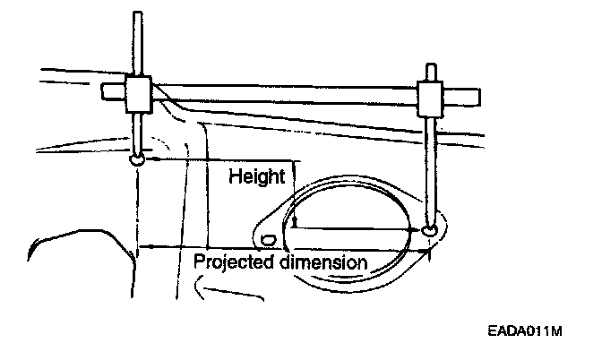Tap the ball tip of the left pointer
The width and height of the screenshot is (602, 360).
(138, 159)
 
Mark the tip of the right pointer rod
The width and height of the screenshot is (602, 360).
(432, 231)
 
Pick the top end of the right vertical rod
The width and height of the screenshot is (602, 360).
(434, 64)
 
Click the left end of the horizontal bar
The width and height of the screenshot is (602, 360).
(104, 89)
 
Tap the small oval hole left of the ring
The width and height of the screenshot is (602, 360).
(267, 238)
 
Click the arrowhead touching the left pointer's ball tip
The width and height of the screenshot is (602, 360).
(149, 159)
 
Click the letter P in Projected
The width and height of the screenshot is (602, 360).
(199, 262)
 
